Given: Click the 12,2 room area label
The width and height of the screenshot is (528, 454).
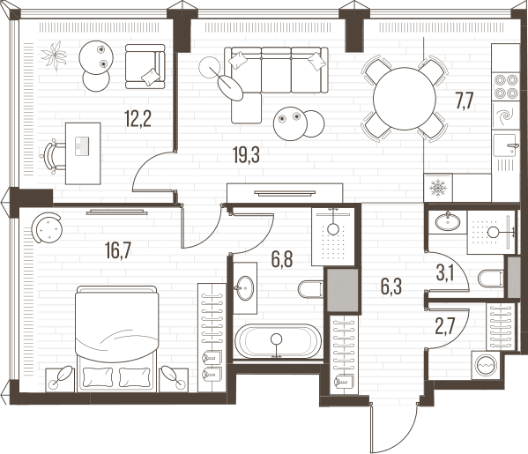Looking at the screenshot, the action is [x=138, y=118].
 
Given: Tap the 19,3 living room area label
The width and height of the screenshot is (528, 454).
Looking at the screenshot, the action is [x=246, y=155].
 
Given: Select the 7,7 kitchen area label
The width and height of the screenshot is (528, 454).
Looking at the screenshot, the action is [x=465, y=101].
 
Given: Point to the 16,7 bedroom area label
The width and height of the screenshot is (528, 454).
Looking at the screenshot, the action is [x=117, y=251].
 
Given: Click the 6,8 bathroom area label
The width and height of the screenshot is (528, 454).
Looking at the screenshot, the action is [x=282, y=259].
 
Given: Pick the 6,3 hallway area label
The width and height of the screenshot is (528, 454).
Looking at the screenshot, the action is [x=391, y=287].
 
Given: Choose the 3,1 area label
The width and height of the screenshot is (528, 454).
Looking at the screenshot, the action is [x=444, y=273].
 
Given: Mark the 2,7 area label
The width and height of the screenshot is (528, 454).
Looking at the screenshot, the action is [x=445, y=326].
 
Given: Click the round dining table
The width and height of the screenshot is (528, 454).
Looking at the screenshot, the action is [x=404, y=99].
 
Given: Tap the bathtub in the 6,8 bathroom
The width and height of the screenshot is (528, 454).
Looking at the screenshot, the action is [x=278, y=340].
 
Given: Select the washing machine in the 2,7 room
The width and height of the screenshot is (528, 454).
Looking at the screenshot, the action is [x=485, y=365].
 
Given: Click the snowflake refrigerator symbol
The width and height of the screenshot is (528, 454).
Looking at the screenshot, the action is [x=438, y=188].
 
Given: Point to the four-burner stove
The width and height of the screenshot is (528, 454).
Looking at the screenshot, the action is [x=505, y=86].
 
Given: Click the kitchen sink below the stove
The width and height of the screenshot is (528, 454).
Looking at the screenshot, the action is [x=505, y=145].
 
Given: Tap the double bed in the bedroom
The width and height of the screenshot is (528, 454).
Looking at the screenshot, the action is [x=117, y=339].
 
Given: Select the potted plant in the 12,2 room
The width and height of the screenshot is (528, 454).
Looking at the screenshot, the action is [x=54, y=56].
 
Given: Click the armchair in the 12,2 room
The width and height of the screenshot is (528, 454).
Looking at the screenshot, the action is [x=145, y=66].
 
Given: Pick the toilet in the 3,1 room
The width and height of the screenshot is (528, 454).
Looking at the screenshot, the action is [x=491, y=279].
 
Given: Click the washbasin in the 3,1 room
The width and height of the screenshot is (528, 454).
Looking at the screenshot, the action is [x=448, y=222].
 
